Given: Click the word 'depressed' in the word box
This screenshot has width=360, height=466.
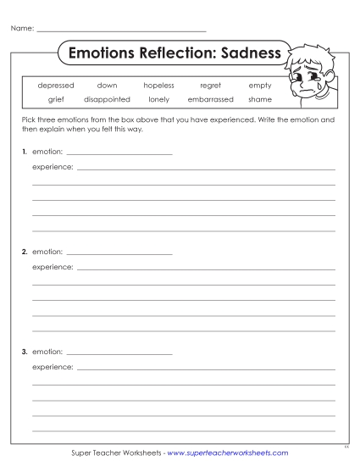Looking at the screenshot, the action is (56, 86).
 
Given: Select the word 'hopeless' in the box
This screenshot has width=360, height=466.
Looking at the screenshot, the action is (158, 86).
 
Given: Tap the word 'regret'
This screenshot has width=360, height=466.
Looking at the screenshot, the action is (210, 86).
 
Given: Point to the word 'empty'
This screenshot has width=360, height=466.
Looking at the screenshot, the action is (260, 86).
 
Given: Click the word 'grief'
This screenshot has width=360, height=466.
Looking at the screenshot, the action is (56, 99).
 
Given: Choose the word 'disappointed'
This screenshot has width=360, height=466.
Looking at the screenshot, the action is (107, 99).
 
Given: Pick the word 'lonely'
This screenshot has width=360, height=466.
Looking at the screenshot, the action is (158, 99).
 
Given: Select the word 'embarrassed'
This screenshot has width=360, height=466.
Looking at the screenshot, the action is (210, 99).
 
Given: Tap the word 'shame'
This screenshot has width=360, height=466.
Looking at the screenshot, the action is (260, 99).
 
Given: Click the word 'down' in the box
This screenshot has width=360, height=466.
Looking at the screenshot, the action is (107, 86).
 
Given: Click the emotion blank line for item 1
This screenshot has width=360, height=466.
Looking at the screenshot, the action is (119, 153).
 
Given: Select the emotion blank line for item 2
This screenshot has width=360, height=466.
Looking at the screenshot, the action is (119, 253).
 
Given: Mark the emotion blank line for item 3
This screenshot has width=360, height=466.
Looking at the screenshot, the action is (119, 352).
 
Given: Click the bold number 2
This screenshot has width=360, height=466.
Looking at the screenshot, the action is (25, 252).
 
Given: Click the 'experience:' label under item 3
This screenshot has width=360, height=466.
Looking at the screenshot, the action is (53, 368).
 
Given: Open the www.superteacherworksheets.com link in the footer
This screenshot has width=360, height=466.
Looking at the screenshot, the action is (228, 453).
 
